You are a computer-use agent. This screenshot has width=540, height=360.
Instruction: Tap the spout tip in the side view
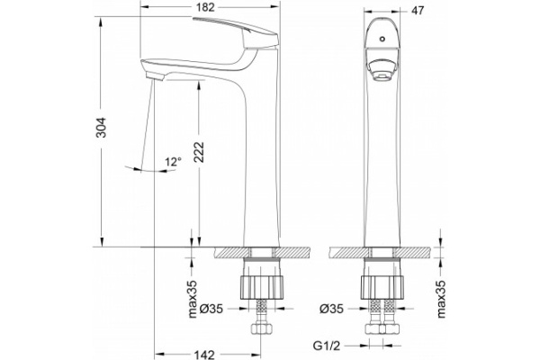pos(152,77)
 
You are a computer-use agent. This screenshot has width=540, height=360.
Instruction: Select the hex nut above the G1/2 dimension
pos(383,334)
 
